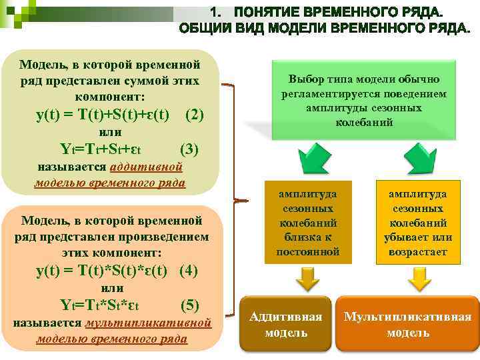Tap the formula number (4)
click(189, 271)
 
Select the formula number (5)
click(190, 305)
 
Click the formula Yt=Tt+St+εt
click(100, 149)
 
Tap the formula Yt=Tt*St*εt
click(100, 306)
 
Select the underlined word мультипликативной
click(149, 323)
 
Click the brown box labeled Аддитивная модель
click(285, 324)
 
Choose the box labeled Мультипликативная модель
click(407, 324)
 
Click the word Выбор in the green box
click(304, 79)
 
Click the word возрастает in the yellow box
click(418, 252)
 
